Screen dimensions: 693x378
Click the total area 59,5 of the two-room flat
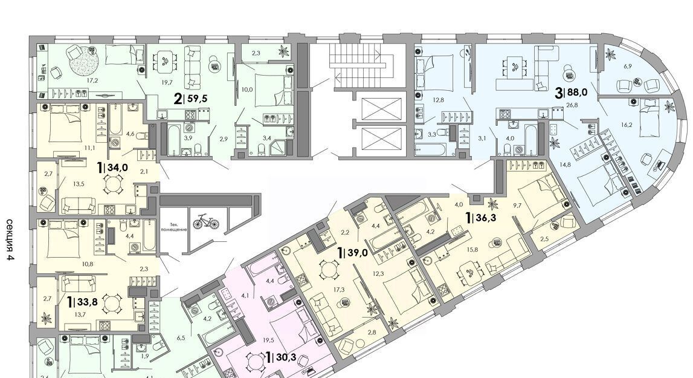[198, 98]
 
